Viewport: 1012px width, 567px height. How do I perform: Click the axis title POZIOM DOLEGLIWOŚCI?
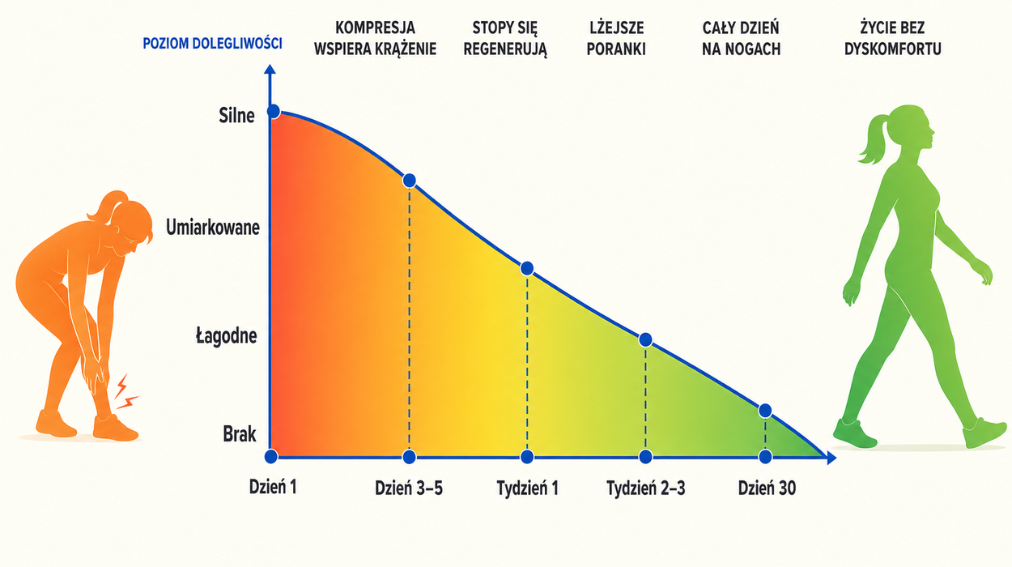click(x=212, y=44)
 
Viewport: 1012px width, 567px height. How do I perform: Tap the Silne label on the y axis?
click(x=236, y=116)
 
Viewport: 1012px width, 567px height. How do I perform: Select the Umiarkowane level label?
click(x=213, y=228)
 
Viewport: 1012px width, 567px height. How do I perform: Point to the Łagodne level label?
click(x=227, y=336)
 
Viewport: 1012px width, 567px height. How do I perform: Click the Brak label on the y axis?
click(x=240, y=434)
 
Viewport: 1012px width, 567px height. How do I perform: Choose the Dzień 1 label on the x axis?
click(x=273, y=487)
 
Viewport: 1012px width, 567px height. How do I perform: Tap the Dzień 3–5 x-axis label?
click(x=409, y=488)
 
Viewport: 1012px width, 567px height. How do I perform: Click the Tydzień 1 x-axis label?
click(x=528, y=488)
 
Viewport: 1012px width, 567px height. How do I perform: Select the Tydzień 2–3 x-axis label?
click(x=645, y=488)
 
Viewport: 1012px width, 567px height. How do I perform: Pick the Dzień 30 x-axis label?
click(x=768, y=488)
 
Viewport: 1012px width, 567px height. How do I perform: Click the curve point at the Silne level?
click(x=274, y=111)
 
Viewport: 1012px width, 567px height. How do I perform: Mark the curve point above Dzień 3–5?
click(x=410, y=181)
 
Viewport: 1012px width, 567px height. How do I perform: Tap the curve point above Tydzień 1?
click(x=527, y=269)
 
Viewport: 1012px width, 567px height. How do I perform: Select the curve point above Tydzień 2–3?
click(x=645, y=339)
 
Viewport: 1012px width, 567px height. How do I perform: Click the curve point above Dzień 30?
click(x=765, y=411)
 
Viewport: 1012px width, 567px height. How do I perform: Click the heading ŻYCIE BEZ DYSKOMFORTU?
click(x=892, y=38)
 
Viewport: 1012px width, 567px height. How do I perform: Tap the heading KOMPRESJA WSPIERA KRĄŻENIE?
click(x=375, y=38)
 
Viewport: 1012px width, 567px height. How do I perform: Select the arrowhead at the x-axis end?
click(x=831, y=458)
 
